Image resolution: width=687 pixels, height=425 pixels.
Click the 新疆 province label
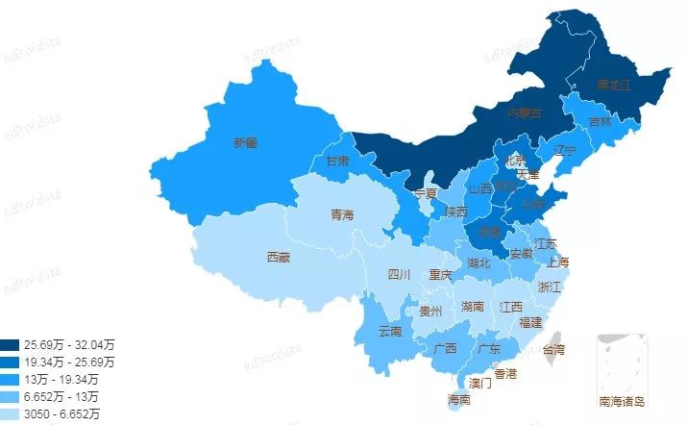(x=245, y=143)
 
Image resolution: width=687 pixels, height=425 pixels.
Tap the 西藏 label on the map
(x=279, y=257)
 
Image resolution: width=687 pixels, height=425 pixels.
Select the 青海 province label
(x=342, y=214)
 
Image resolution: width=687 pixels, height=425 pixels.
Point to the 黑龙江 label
(x=614, y=86)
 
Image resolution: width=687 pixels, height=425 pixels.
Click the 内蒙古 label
(x=524, y=113)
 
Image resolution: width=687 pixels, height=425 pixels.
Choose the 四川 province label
(x=399, y=275)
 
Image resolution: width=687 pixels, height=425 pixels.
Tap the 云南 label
(x=390, y=331)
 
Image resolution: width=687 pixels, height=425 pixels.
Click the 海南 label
(x=459, y=399)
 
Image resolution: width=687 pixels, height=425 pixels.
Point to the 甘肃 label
(x=337, y=161)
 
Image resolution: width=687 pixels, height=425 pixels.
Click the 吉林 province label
(x=601, y=122)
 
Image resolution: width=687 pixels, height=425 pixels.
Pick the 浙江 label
(x=551, y=287)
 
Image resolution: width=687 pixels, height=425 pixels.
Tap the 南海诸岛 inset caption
(x=622, y=401)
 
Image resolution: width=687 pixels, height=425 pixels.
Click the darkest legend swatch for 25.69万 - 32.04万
(x=10, y=344)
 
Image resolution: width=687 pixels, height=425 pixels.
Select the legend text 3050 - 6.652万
(x=62, y=413)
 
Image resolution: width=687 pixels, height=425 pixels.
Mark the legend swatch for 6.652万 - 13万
(x=10, y=396)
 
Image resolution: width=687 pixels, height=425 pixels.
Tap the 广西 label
(x=445, y=348)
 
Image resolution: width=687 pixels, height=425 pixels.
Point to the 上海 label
(x=557, y=262)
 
